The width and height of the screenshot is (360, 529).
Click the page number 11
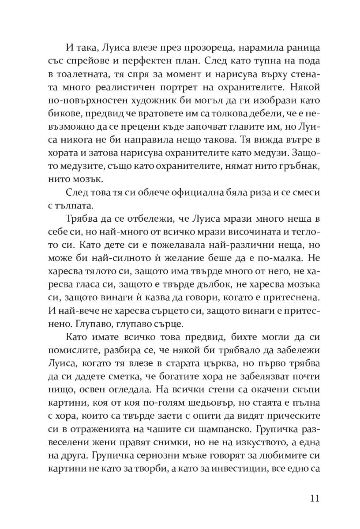(x=314, y=499)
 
